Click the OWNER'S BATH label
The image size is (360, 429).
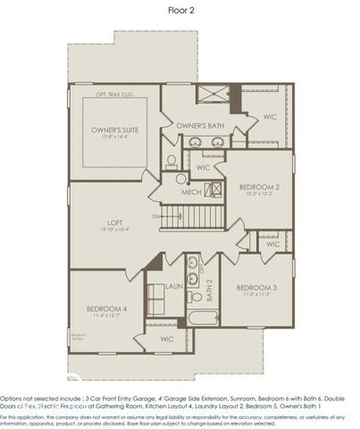point(199,125)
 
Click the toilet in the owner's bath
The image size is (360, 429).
point(172,161)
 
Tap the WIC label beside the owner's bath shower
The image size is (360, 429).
point(272,116)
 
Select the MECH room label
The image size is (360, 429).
point(190,192)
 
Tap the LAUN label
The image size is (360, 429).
point(174,286)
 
